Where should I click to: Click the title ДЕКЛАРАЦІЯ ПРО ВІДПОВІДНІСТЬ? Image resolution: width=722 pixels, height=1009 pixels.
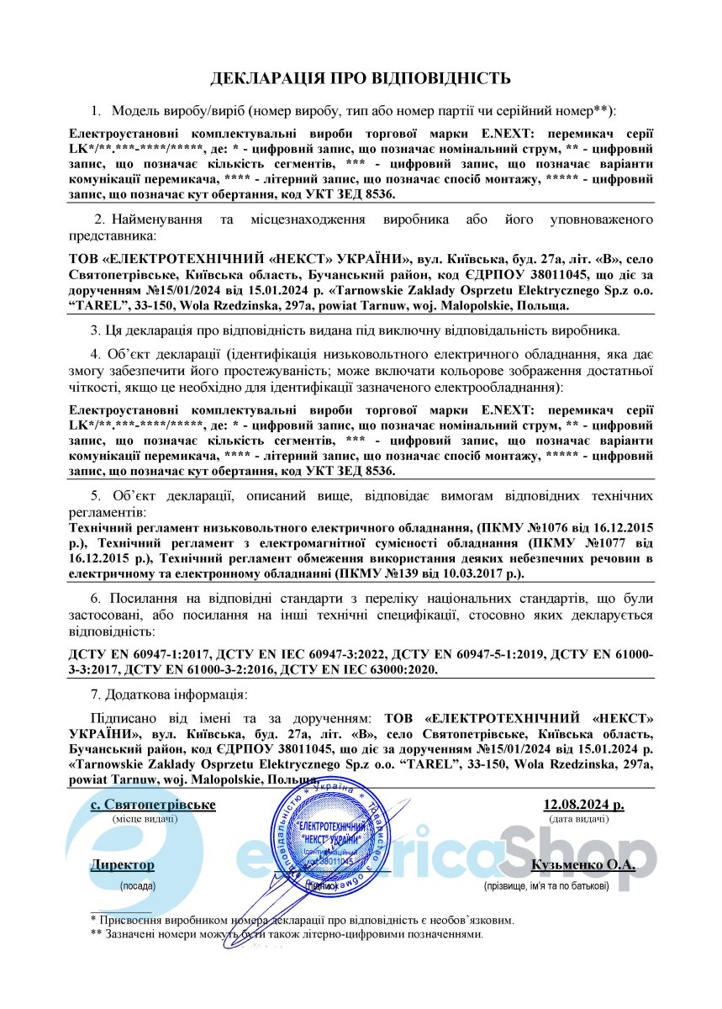point(360,79)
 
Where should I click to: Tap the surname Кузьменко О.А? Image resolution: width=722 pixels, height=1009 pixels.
point(583,864)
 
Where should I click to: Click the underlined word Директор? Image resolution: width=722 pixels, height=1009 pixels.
point(123,864)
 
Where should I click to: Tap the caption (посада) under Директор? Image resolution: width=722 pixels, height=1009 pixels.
point(137,885)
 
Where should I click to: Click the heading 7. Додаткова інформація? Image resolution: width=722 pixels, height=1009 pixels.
point(169,695)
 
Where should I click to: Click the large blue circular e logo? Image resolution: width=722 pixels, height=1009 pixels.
point(134,845)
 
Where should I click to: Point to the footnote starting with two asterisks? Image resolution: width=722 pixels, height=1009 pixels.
point(287,934)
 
